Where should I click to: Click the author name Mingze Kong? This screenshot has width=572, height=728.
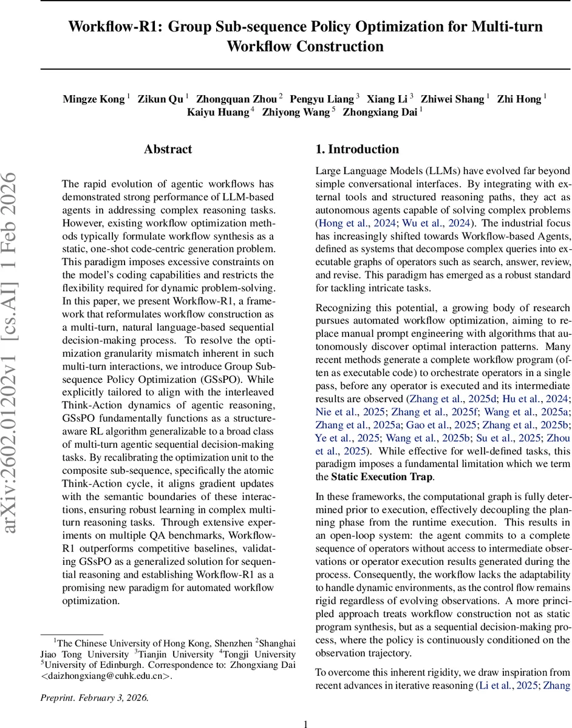94,99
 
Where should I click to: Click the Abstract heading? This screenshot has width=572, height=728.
168,149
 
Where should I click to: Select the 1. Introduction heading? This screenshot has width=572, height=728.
357,149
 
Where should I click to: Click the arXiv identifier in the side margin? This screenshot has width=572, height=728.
18,351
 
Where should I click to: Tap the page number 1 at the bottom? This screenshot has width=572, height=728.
306,707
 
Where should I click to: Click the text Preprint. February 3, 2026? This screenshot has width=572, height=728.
94,698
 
